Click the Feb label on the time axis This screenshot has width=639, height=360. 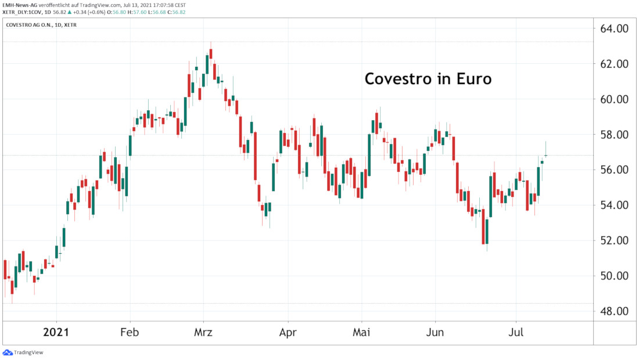click(x=130, y=333)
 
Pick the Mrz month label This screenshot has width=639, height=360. click(x=203, y=333)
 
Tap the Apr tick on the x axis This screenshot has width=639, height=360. click(x=288, y=333)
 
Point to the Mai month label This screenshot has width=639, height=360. click(x=361, y=333)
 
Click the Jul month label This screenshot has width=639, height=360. click(x=516, y=333)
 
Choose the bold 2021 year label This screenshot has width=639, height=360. click(x=56, y=333)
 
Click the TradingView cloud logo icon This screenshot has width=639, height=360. click(x=8, y=352)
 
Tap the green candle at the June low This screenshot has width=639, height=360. click(x=487, y=232)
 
